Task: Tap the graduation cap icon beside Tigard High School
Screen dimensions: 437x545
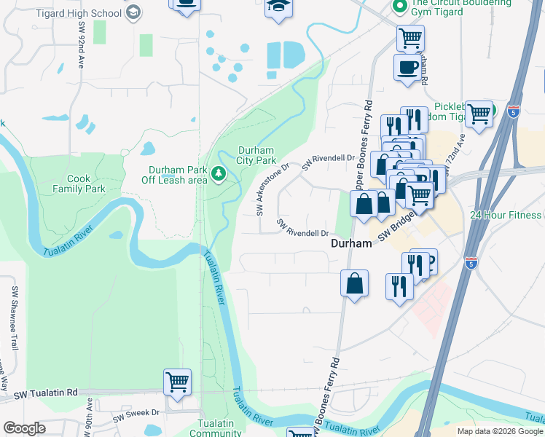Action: click(x=132, y=12)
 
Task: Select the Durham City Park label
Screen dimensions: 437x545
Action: click(x=256, y=155)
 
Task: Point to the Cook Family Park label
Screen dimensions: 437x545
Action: click(x=79, y=184)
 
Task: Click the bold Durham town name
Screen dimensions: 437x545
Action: click(x=352, y=245)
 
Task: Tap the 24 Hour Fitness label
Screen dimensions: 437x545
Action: click(x=506, y=215)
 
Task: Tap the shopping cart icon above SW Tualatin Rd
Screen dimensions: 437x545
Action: click(x=177, y=382)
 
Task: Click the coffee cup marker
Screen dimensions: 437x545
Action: click(x=407, y=67)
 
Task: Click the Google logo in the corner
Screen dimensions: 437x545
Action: click(x=24, y=428)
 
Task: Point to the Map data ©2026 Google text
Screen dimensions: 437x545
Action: click(x=499, y=431)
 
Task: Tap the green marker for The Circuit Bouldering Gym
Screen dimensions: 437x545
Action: click(x=399, y=7)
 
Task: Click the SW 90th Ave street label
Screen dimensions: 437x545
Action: click(x=89, y=420)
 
